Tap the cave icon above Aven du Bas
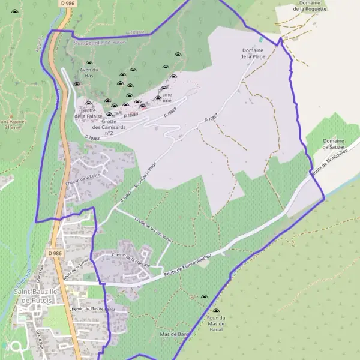[x=89, y=63]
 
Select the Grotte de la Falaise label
[x=89, y=113]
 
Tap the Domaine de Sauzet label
[x=334, y=144]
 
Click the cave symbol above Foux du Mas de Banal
[x=204, y=297]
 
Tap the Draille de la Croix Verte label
[x=154, y=229]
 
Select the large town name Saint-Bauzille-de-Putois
[x=35, y=295]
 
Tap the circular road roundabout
[x=15, y=346]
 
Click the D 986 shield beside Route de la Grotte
[x=55, y=254]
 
